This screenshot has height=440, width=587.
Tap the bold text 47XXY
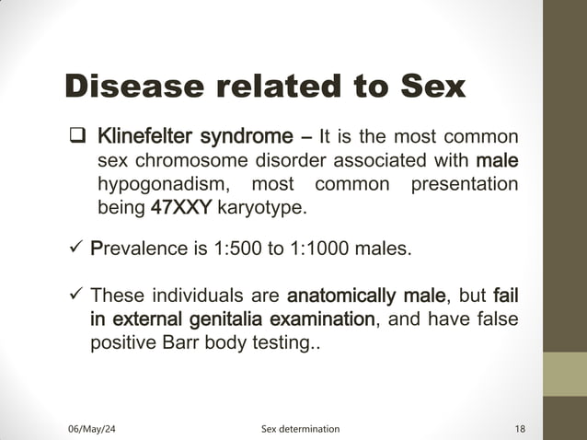[182, 208]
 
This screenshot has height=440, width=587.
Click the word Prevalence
[137, 249]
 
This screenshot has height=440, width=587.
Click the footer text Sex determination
[300, 429]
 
